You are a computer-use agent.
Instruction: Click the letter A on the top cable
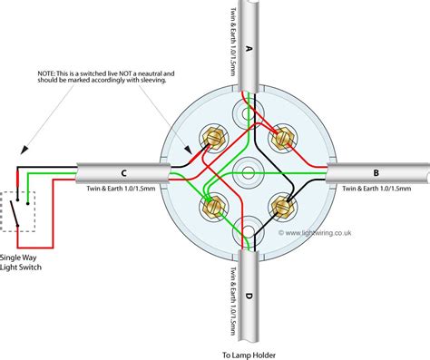tap(249, 47)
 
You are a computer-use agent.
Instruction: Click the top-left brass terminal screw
tap(216, 140)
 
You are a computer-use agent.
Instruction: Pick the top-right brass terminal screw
tap(281, 140)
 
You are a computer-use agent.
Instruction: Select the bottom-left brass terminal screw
tap(216, 205)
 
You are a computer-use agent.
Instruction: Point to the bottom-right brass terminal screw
tap(281, 205)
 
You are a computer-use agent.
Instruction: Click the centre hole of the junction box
tap(249, 171)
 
